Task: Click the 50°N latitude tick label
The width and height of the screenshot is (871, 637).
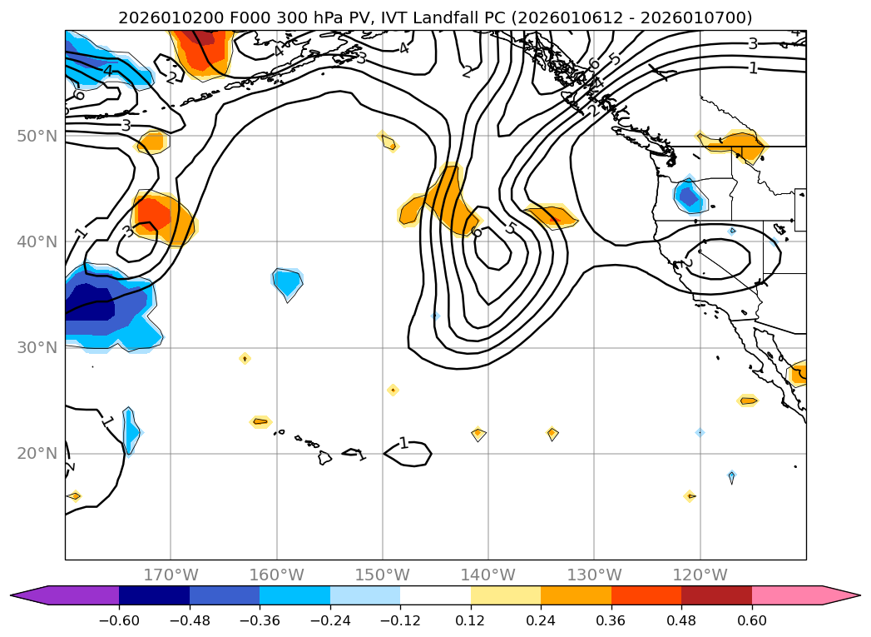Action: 38,136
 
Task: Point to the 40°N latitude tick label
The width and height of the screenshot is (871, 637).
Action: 38,241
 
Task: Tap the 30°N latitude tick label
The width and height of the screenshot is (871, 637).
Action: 38,348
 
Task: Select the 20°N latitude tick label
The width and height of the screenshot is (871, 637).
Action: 38,454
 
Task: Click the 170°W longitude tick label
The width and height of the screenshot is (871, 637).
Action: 171,575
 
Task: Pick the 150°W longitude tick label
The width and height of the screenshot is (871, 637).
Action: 383,575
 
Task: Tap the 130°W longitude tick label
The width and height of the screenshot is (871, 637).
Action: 594,575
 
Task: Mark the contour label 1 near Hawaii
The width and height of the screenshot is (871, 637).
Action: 403,443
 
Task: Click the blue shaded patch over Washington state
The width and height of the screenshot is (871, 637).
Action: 688,197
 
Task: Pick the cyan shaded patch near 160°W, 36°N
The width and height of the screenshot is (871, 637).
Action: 288,283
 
